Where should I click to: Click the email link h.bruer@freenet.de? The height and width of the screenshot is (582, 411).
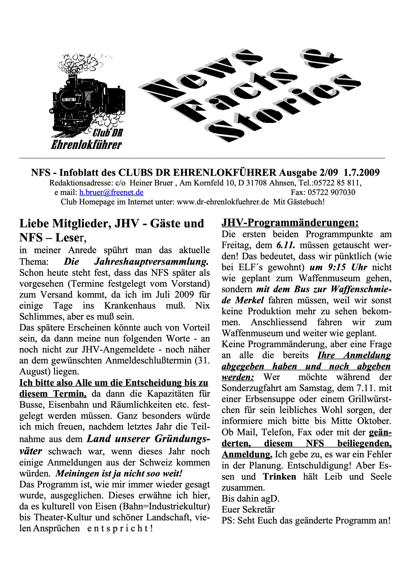click(111, 192)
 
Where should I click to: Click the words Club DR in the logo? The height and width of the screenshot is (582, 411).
click(108, 133)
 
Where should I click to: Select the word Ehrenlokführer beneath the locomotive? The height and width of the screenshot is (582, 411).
click(86, 145)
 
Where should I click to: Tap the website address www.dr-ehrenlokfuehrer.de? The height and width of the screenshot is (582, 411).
click(223, 202)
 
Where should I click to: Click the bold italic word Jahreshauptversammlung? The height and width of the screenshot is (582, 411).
click(151, 262)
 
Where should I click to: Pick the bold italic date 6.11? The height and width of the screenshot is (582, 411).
click(285, 245)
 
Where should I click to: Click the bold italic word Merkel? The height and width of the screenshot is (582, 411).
click(249, 300)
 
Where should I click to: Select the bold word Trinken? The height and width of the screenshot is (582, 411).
click(280, 477)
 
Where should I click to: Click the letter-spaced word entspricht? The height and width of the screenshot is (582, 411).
click(117, 529)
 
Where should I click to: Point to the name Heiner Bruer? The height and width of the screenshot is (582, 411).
click(151, 183)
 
